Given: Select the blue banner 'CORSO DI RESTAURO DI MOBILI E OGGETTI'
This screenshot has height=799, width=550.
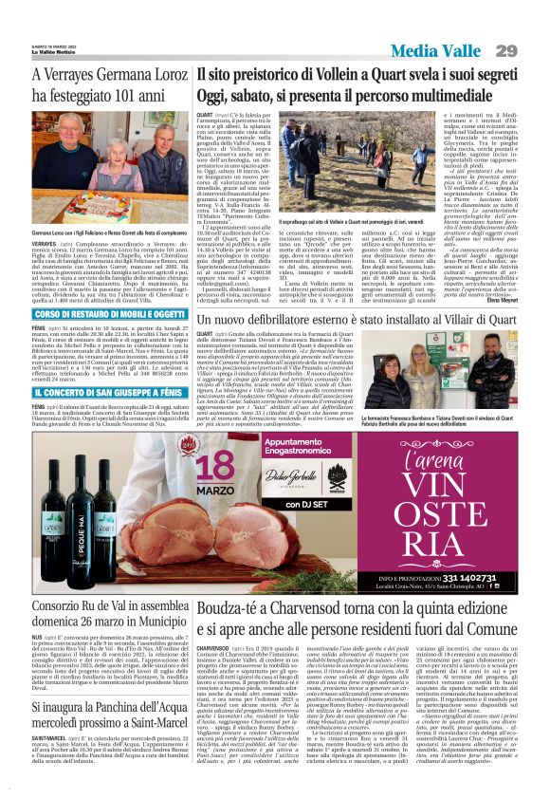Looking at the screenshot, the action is (x=97, y=313).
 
